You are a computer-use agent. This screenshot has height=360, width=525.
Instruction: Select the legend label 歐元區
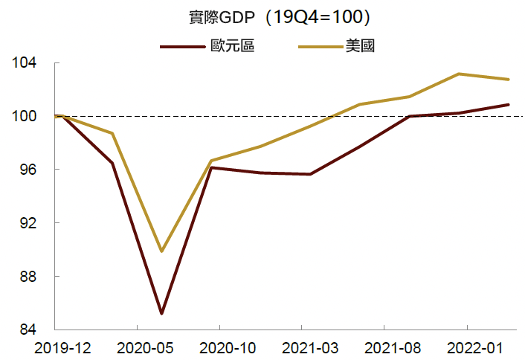point(232,46)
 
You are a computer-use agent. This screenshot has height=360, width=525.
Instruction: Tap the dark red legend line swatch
point(182,47)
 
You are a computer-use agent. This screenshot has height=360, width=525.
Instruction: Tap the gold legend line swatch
point(321,47)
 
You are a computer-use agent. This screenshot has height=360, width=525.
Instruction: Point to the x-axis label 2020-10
point(219,349)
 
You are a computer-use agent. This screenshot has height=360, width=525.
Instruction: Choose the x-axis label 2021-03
point(301,349)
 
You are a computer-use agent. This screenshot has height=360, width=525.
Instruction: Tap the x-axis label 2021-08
point(384,349)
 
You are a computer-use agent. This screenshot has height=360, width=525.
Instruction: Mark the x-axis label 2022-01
point(466,349)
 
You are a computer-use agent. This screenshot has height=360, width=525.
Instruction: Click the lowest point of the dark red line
point(161,314)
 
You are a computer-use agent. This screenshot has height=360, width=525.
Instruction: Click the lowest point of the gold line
point(161,251)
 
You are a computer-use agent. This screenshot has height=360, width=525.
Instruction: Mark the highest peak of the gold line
point(459,74)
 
